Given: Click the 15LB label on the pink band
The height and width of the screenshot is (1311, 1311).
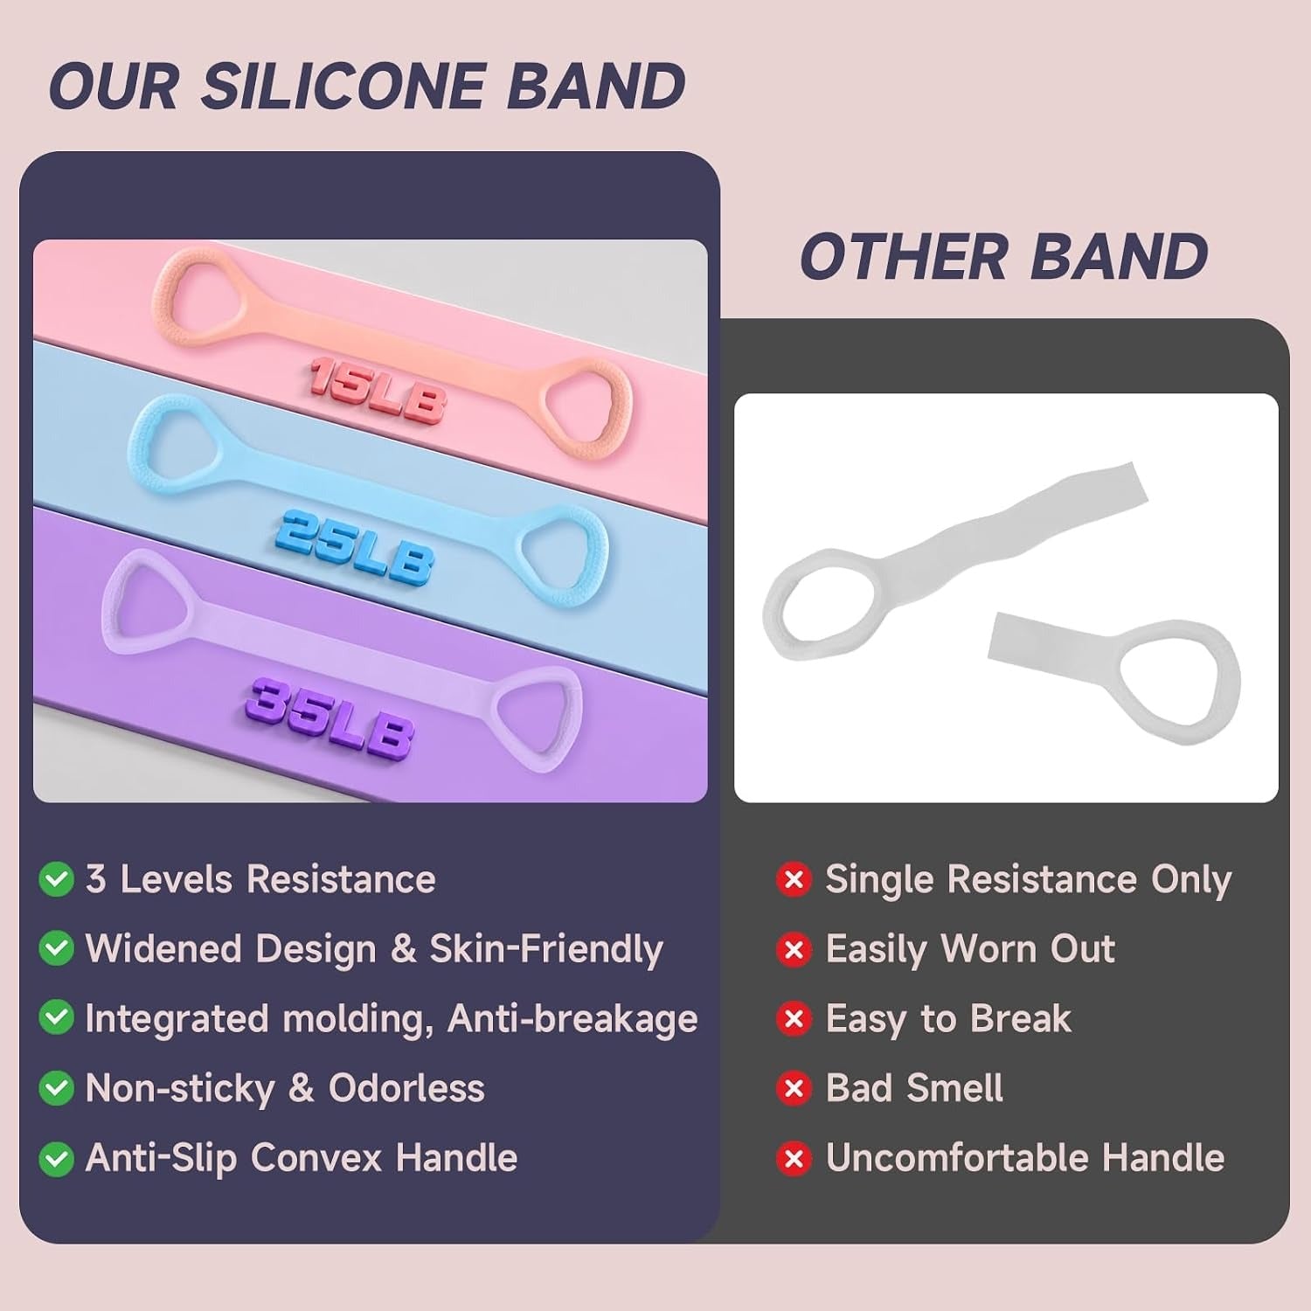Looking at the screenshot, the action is (x=377, y=392).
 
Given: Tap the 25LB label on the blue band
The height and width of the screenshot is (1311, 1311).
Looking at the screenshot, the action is (x=356, y=547).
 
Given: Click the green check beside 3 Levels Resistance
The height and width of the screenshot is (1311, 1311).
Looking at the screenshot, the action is (x=57, y=879).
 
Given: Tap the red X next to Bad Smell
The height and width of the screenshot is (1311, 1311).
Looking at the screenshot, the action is (x=794, y=1088).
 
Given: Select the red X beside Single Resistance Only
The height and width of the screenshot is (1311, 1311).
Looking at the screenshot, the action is (x=794, y=879).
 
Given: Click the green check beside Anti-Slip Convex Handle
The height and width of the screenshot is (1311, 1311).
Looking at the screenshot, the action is (x=57, y=1158).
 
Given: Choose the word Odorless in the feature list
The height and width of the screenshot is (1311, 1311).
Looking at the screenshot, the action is (x=406, y=1088).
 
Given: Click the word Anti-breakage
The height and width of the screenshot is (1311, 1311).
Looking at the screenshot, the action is (x=572, y=1019).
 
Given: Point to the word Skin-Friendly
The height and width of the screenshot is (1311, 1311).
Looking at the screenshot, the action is (x=546, y=950).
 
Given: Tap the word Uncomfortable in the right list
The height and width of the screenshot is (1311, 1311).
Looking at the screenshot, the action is (x=957, y=1158).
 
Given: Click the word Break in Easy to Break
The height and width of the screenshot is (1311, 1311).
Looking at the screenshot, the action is (x=1020, y=1019).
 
